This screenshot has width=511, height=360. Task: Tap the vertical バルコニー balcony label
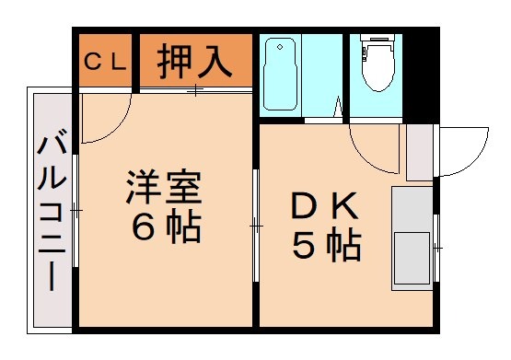click(52, 213)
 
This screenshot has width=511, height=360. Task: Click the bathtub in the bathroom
click(280, 74)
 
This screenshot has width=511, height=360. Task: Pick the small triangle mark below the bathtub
click(338, 106)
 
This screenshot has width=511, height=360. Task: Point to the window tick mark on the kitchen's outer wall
click(436, 247)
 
